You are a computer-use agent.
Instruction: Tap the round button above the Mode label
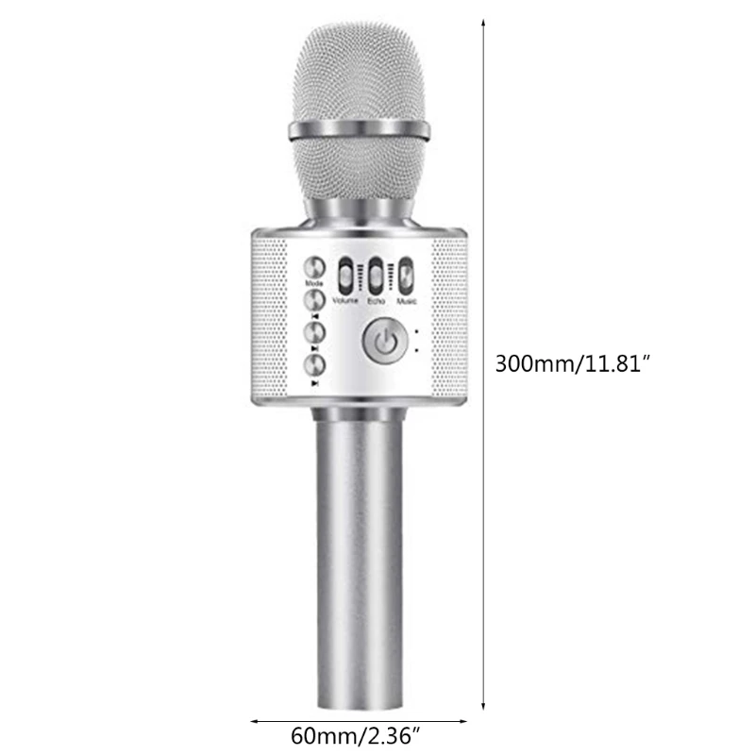[314, 267]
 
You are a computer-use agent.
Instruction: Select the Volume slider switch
[346, 277]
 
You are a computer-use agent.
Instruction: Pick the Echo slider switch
[377, 277]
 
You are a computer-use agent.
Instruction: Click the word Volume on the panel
[346, 302]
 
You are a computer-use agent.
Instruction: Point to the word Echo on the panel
[377, 302]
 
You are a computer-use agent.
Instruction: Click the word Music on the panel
[406, 302]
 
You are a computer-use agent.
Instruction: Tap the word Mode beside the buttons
[313, 284]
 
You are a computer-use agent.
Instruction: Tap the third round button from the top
[314, 332]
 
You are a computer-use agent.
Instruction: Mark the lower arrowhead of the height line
[484, 705]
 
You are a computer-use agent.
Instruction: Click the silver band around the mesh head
[359, 126]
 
